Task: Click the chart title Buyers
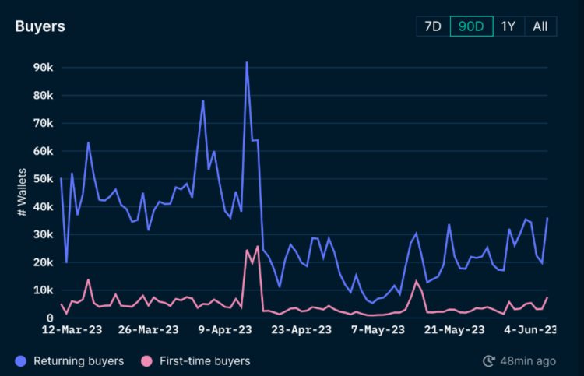click(x=40, y=26)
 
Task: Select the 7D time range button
click(x=432, y=26)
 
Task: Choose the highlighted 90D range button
click(x=471, y=26)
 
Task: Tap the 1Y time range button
click(x=508, y=26)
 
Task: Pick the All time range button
click(x=540, y=26)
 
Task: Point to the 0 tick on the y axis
click(x=49, y=318)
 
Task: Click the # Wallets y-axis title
click(x=22, y=192)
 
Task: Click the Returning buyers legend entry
click(x=69, y=361)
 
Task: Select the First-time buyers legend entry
click(x=195, y=361)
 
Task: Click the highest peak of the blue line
click(x=247, y=63)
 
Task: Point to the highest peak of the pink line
click(x=257, y=247)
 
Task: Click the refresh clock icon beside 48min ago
click(x=489, y=361)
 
